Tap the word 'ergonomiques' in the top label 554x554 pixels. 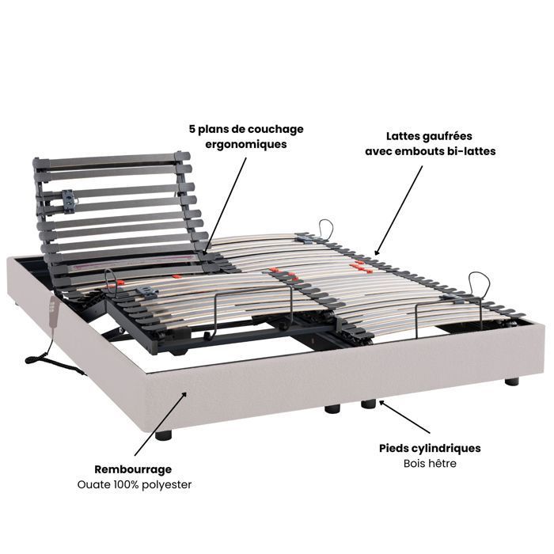246,145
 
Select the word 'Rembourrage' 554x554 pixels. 133,469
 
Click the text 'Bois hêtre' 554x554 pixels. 430,463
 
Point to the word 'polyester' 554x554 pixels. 166,484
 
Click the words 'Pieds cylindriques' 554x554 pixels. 430,449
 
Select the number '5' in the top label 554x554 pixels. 192,129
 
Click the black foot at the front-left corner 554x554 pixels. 163,434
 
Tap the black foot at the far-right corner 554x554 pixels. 511,381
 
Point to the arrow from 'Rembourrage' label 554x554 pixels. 161,423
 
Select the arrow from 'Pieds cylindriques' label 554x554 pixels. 404,416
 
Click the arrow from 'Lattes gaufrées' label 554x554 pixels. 398,211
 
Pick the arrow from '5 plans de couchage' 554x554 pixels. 225,204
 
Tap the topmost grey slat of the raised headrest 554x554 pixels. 112,159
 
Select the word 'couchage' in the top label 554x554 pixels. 275,130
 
